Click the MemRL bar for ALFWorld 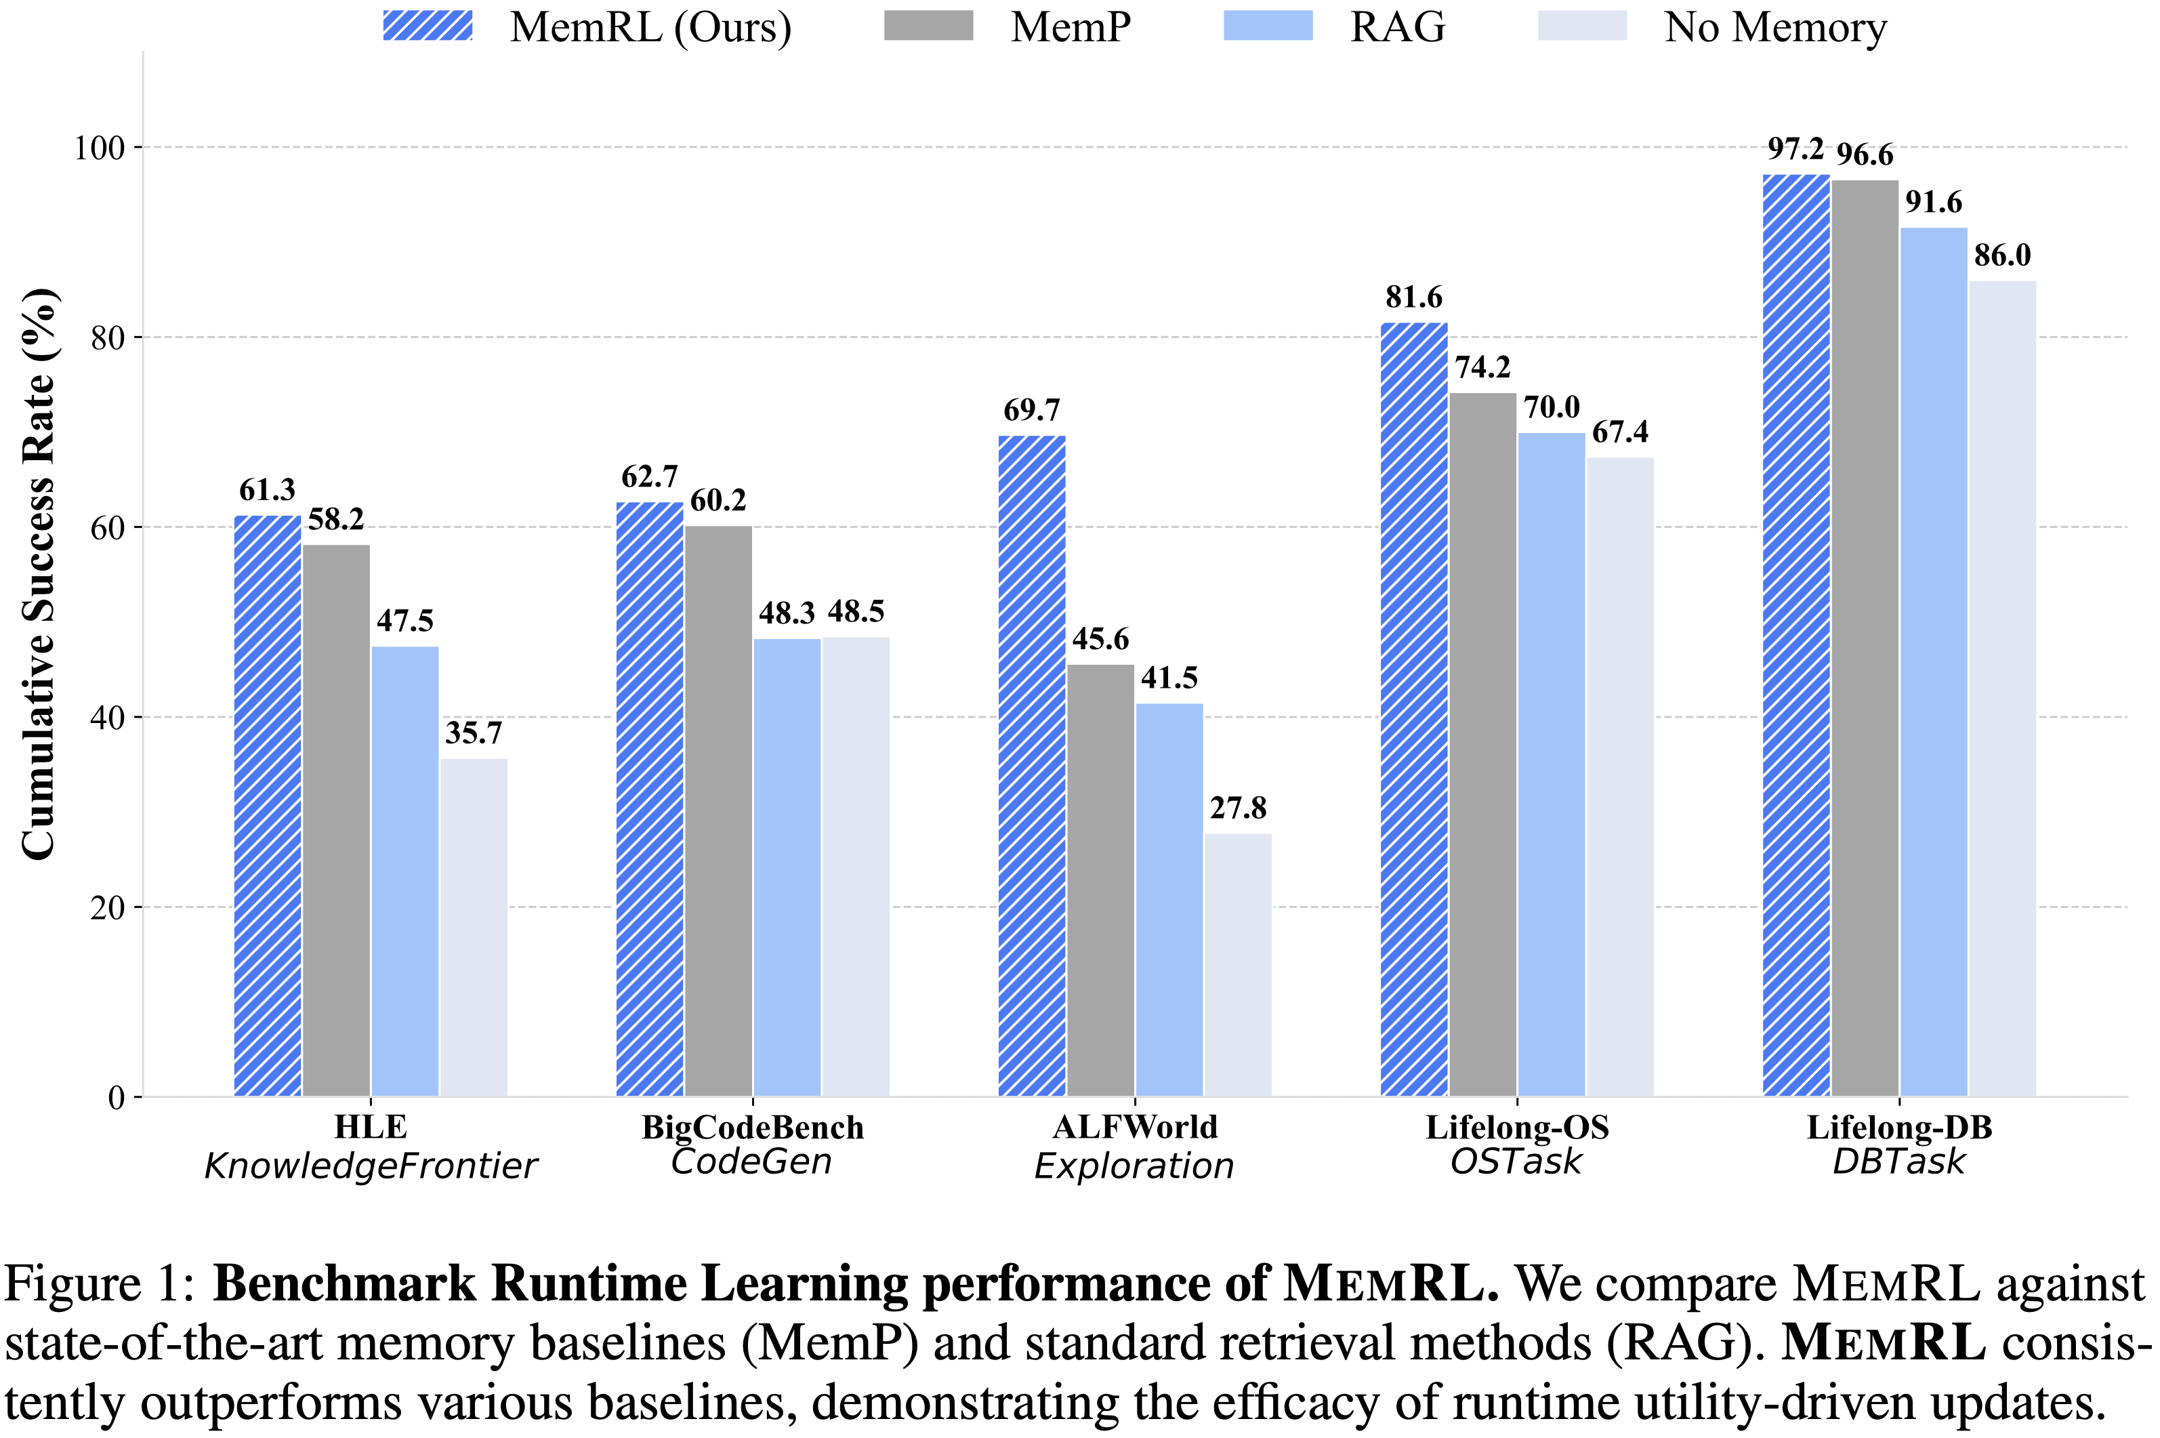tap(1031, 766)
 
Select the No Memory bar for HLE tap(473, 926)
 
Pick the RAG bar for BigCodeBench tap(787, 867)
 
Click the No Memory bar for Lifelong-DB tap(2002, 688)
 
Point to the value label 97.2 tap(1795, 148)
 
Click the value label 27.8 tap(1238, 808)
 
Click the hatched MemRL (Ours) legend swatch tap(428, 26)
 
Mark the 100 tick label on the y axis tap(99, 148)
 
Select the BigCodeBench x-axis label tap(752, 1127)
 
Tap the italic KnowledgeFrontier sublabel tap(371, 1166)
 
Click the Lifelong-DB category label tap(1898, 1127)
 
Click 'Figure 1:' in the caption tap(99, 1284)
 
